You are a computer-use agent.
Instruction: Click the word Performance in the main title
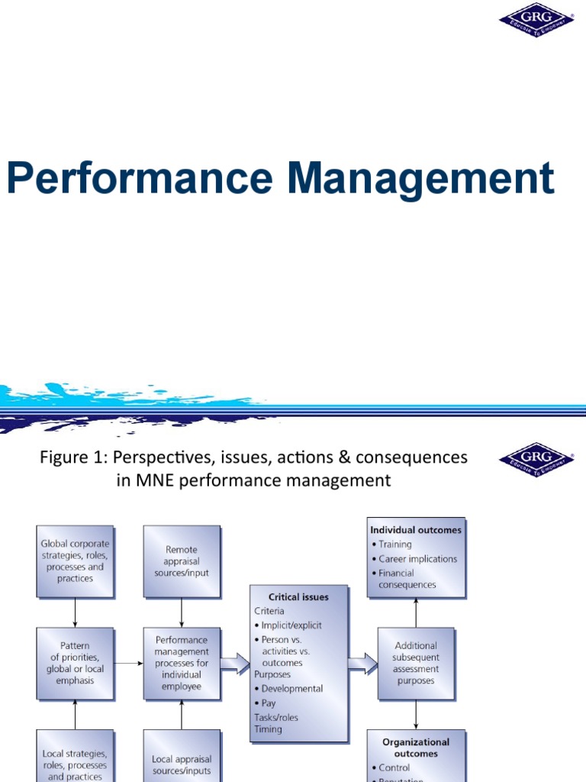pos(139,179)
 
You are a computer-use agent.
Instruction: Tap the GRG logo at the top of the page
pos(537,20)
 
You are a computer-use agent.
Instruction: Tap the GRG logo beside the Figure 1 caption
pos(537,460)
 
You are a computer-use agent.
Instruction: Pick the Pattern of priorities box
pos(76,663)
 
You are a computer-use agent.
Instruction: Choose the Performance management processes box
pos(182,663)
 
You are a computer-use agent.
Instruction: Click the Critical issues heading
pos(299,598)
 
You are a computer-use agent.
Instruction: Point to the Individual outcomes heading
pos(416,529)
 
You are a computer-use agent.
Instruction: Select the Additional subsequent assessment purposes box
pos(416,663)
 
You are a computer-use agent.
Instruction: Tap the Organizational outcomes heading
pos(416,747)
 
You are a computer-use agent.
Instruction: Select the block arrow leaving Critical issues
pos(362,663)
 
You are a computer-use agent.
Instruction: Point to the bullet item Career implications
pos(418,558)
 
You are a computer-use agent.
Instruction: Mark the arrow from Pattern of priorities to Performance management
pos(129,663)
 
